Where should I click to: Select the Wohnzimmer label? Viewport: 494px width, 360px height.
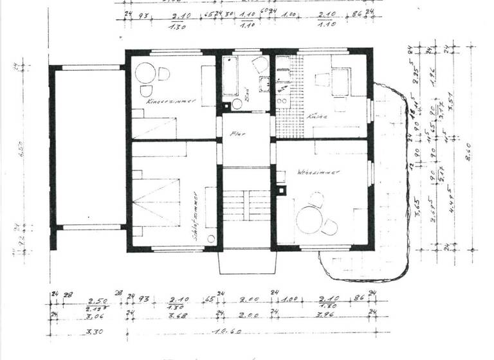click(318, 173)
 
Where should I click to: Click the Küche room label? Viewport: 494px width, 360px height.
click(317, 117)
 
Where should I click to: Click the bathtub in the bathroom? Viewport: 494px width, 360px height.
click(230, 76)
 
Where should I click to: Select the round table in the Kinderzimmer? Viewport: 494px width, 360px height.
click(145, 72)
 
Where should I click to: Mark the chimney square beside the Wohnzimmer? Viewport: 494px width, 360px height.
click(281, 190)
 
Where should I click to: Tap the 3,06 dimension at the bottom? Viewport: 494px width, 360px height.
click(95, 314)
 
